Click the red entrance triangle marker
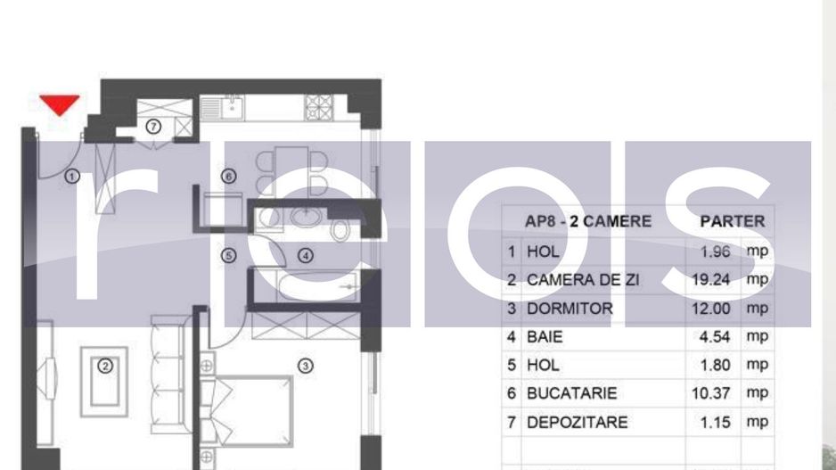[x=60, y=105]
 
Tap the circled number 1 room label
[x=73, y=176]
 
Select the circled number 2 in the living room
[x=105, y=365]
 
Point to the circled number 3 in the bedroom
[x=305, y=365]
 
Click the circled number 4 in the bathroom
[x=306, y=256]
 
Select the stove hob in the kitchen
[x=318, y=107]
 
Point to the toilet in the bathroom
[x=340, y=229]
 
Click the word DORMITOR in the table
[x=570, y=309]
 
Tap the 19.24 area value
[x=710, y=280]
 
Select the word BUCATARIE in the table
[x=571, y=393]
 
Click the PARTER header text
[x=732, y=221]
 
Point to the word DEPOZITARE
[x=577, y=422]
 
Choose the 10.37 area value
[x=710, y=393]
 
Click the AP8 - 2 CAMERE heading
[x=588, y=221]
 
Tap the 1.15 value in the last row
[x=716, y=422]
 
